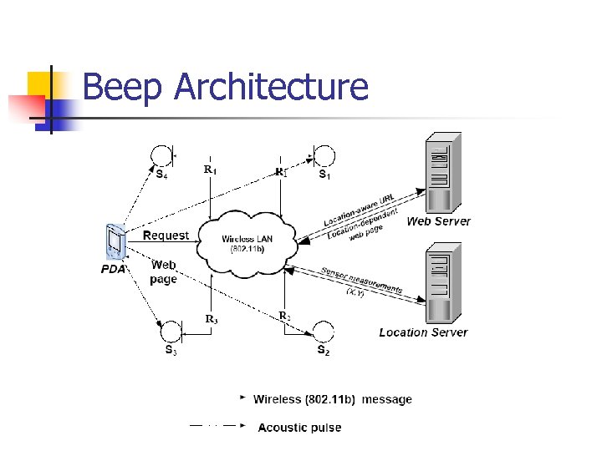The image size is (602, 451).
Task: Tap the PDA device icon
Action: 114,243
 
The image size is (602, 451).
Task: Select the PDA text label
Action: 113,269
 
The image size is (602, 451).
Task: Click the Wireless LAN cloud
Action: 247,243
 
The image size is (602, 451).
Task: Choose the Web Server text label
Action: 438,221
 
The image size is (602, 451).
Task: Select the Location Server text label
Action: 423,332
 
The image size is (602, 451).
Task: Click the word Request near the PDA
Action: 166,236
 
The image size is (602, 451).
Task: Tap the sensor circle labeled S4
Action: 161,155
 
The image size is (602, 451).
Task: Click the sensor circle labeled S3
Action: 171,332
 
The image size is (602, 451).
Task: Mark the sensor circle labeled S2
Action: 323,332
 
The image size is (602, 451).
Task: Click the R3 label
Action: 212,318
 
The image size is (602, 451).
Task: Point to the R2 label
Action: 284,316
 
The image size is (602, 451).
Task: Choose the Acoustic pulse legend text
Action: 299,428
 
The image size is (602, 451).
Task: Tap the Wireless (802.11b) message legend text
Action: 333,399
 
